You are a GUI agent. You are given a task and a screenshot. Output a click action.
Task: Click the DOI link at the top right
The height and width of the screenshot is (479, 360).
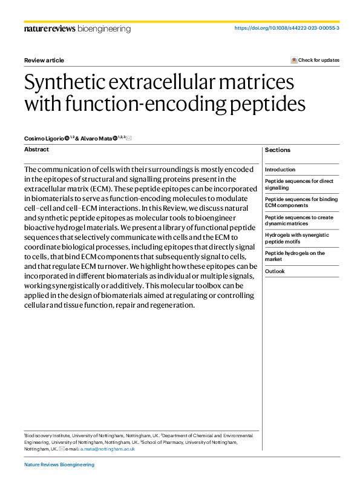(x=286, y=28)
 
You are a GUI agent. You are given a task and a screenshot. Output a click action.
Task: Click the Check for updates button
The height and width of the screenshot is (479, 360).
(x=315, y=60)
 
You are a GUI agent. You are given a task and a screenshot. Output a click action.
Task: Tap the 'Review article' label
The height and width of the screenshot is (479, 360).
(x=44, y=60)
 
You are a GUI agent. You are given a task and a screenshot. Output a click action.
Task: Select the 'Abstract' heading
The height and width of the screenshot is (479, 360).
(x=36, y=149)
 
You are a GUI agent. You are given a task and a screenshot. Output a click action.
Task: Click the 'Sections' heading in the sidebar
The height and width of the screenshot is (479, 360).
(x=278, y=150)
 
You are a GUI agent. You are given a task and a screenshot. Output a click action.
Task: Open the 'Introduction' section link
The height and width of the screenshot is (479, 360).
(x=280, y=170)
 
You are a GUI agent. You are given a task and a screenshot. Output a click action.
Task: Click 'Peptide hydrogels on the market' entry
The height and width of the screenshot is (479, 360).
(x=295, y=256)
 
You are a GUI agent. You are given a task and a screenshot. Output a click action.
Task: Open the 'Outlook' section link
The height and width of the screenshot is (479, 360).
(x=275, y=271)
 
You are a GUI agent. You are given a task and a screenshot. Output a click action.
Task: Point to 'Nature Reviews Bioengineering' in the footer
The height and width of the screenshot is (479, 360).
(x=59, y=464)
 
